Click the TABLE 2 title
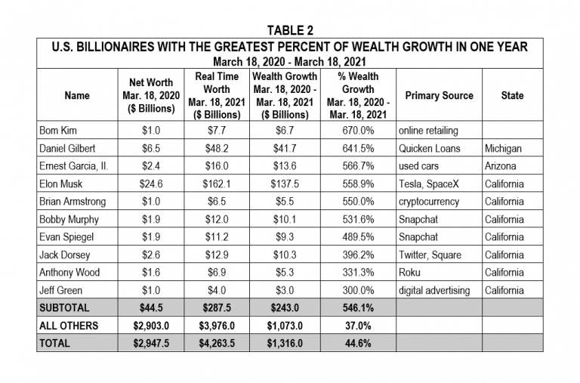coord(290,30)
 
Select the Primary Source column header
coord(439,95)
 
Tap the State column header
coord(512,95)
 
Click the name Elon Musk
coord(60,184)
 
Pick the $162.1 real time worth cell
coord(217,184)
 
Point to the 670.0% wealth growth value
coord(358,130)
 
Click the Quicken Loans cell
coord(430,148)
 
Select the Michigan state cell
coord(503,148)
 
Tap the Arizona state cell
coord(500,165)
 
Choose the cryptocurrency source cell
coord(429,202)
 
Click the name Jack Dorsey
coord(65,255)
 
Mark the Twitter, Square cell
coord(430,255)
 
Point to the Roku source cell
coord(409,273)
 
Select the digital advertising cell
coord(434,291)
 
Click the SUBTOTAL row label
coord(64,308)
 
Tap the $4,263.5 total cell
coord(217,344)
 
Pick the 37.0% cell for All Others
coord(358,326)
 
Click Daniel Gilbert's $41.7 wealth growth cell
coord(285,148)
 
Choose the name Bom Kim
coord(58,130)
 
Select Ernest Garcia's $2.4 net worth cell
coord(151,165)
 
